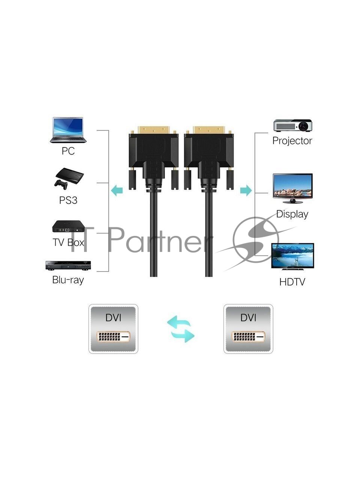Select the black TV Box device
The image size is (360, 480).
click(68, 227)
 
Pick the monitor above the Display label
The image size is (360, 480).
click(292, 186)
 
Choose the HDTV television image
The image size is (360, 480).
click(292, 256)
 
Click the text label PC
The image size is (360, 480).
click(68, 151)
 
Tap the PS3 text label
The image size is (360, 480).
click(68, 200)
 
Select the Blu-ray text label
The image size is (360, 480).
click(68, 280)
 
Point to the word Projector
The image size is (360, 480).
click(292, 141)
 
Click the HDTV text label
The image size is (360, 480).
click(292, 282)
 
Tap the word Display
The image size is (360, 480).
click(292, 214)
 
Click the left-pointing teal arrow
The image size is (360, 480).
click(117, 190)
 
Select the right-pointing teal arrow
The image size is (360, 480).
click(246, 190)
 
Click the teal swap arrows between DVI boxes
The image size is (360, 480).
click(180, 328)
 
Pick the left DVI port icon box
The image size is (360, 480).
click(113, 329)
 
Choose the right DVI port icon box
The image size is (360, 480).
click(248, 329)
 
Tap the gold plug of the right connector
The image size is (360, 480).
click(208, 130)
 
